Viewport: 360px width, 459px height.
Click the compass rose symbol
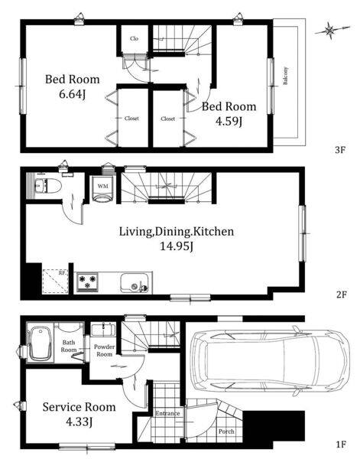pos(330,30)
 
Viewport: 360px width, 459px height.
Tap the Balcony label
pos(285,76)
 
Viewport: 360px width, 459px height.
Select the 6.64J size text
pos(73,95)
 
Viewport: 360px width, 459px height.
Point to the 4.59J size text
pos(229,122)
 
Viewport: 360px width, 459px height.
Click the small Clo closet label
pos(134,39)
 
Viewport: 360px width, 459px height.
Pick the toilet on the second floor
pos(48,186)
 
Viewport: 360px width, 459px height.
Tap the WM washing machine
pos(102,189)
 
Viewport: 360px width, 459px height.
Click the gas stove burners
pos(87,282)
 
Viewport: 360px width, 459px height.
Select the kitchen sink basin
pos(135,283)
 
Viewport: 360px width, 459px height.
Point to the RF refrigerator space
pos(56,282)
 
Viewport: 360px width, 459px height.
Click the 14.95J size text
pos(177,246)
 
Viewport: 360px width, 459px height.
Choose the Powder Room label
pos(105,350)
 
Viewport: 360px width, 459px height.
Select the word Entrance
pos(167,413)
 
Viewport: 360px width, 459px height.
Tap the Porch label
pos(226,431)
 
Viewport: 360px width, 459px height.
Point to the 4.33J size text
pos(79,422)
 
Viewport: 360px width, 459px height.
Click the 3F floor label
pos(340,150)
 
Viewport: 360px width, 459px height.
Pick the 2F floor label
pos(341,295)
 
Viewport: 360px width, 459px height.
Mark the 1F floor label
pos(341,444)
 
